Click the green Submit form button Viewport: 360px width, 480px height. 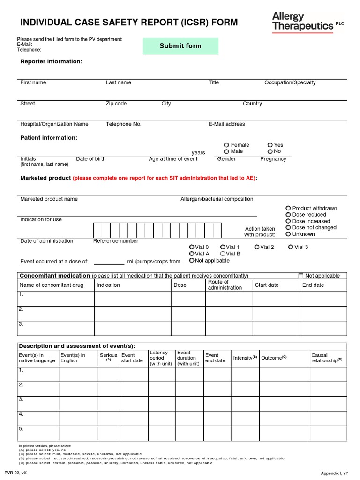[x=180, y=46]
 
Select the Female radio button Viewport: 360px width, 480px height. [x=226, y=145]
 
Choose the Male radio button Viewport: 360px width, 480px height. [x=226, y=152]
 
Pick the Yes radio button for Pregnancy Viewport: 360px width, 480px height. [x=270, y=145]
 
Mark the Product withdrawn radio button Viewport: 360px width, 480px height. [x=288, y=208]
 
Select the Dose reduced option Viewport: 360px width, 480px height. [x=288, y=215]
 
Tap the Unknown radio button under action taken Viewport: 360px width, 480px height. [x=288, y=234]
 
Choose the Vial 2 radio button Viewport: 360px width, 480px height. [x=257, y=247]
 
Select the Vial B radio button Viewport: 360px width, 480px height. [x=223, y=254]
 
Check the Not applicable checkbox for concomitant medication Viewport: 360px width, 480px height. [x=301, y=276]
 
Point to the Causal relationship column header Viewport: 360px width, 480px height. [x=327, y=358]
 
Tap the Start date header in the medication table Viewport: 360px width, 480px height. [x=267, y=285]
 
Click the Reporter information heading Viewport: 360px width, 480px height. [x=51, y=61]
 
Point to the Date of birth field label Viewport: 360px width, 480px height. [x=91, y=159]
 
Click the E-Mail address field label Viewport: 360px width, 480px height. [x=227, y=124]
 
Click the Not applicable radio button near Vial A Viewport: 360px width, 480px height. [x=192, y=260]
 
